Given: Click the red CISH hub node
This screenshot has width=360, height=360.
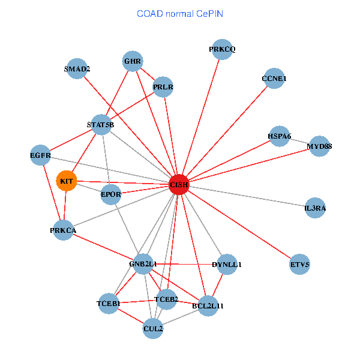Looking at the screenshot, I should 179,184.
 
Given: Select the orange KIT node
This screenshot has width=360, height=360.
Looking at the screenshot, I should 66,181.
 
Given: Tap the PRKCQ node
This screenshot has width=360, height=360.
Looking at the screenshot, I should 222,49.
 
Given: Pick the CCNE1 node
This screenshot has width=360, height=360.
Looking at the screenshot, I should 274,79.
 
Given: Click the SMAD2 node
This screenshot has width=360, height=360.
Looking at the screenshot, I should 77,68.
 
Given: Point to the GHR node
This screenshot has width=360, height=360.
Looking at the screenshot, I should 132,61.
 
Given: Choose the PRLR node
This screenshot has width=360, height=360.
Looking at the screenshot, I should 163,88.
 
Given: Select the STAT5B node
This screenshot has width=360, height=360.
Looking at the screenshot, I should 100,125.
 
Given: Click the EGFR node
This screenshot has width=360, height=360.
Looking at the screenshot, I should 40,155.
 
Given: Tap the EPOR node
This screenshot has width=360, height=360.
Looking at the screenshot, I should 111,194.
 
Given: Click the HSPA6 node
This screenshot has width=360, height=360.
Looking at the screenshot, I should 279,136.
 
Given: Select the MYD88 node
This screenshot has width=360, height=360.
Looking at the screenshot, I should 319,146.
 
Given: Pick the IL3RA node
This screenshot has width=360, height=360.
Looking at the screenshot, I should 315,208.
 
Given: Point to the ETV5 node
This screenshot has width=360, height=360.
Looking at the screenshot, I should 299,264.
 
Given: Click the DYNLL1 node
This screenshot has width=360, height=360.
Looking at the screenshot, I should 227,264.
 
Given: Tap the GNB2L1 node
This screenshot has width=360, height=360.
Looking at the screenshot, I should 143,264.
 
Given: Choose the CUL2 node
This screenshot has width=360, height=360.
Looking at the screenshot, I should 153,328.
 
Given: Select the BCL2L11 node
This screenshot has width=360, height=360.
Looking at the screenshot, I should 208,306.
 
